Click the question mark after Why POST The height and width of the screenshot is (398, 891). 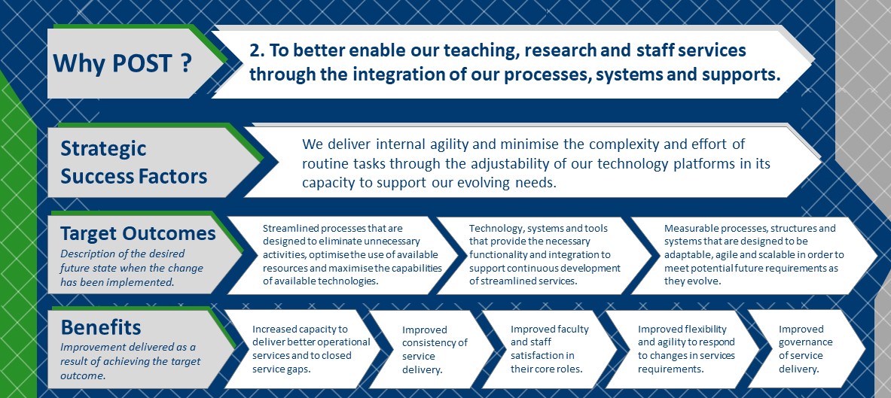pyautogui.click(x=186, y=63)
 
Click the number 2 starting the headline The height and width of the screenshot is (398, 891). pyautogui.click(x=255, y=50)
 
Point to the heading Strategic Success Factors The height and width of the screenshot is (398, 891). pyautogui.click(x=133, y=163)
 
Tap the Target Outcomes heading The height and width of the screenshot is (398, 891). pyautogui.click(x=138, y=233)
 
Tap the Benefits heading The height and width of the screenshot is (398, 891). pyautogui.click(x=101, y=327)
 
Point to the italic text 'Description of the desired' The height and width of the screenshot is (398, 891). pyautogui.click(x=123, y=254)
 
